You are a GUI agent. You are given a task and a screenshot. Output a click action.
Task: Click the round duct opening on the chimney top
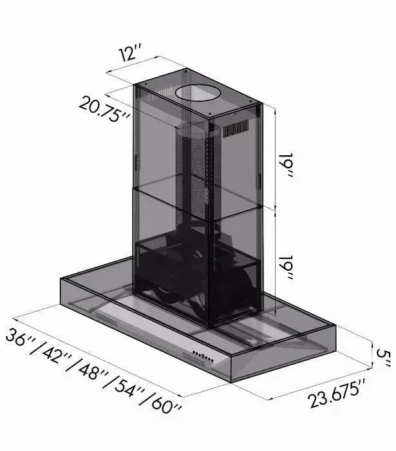(x=198, y=93)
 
